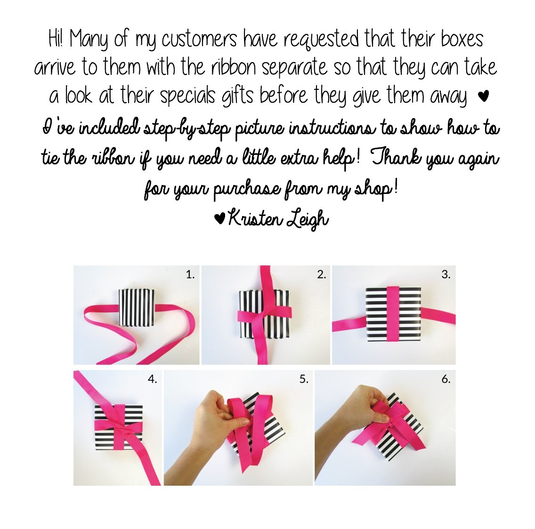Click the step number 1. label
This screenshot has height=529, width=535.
click(x=190, y=275)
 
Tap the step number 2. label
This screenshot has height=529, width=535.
click(x=321, y=275)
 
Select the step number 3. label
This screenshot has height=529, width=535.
click(x=446, y=275)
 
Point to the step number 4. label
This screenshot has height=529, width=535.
click(x=152, y=379)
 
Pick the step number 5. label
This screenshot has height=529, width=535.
click(x=304, y=379)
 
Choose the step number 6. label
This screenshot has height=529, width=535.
click(x=446, y=379)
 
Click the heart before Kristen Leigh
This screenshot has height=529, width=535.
click(x=219, y=218)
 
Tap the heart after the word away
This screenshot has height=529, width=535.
click(x=483, y=97)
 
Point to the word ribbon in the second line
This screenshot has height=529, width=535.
click(x=235, y=67)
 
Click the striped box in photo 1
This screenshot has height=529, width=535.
click(x=136, y=306)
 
